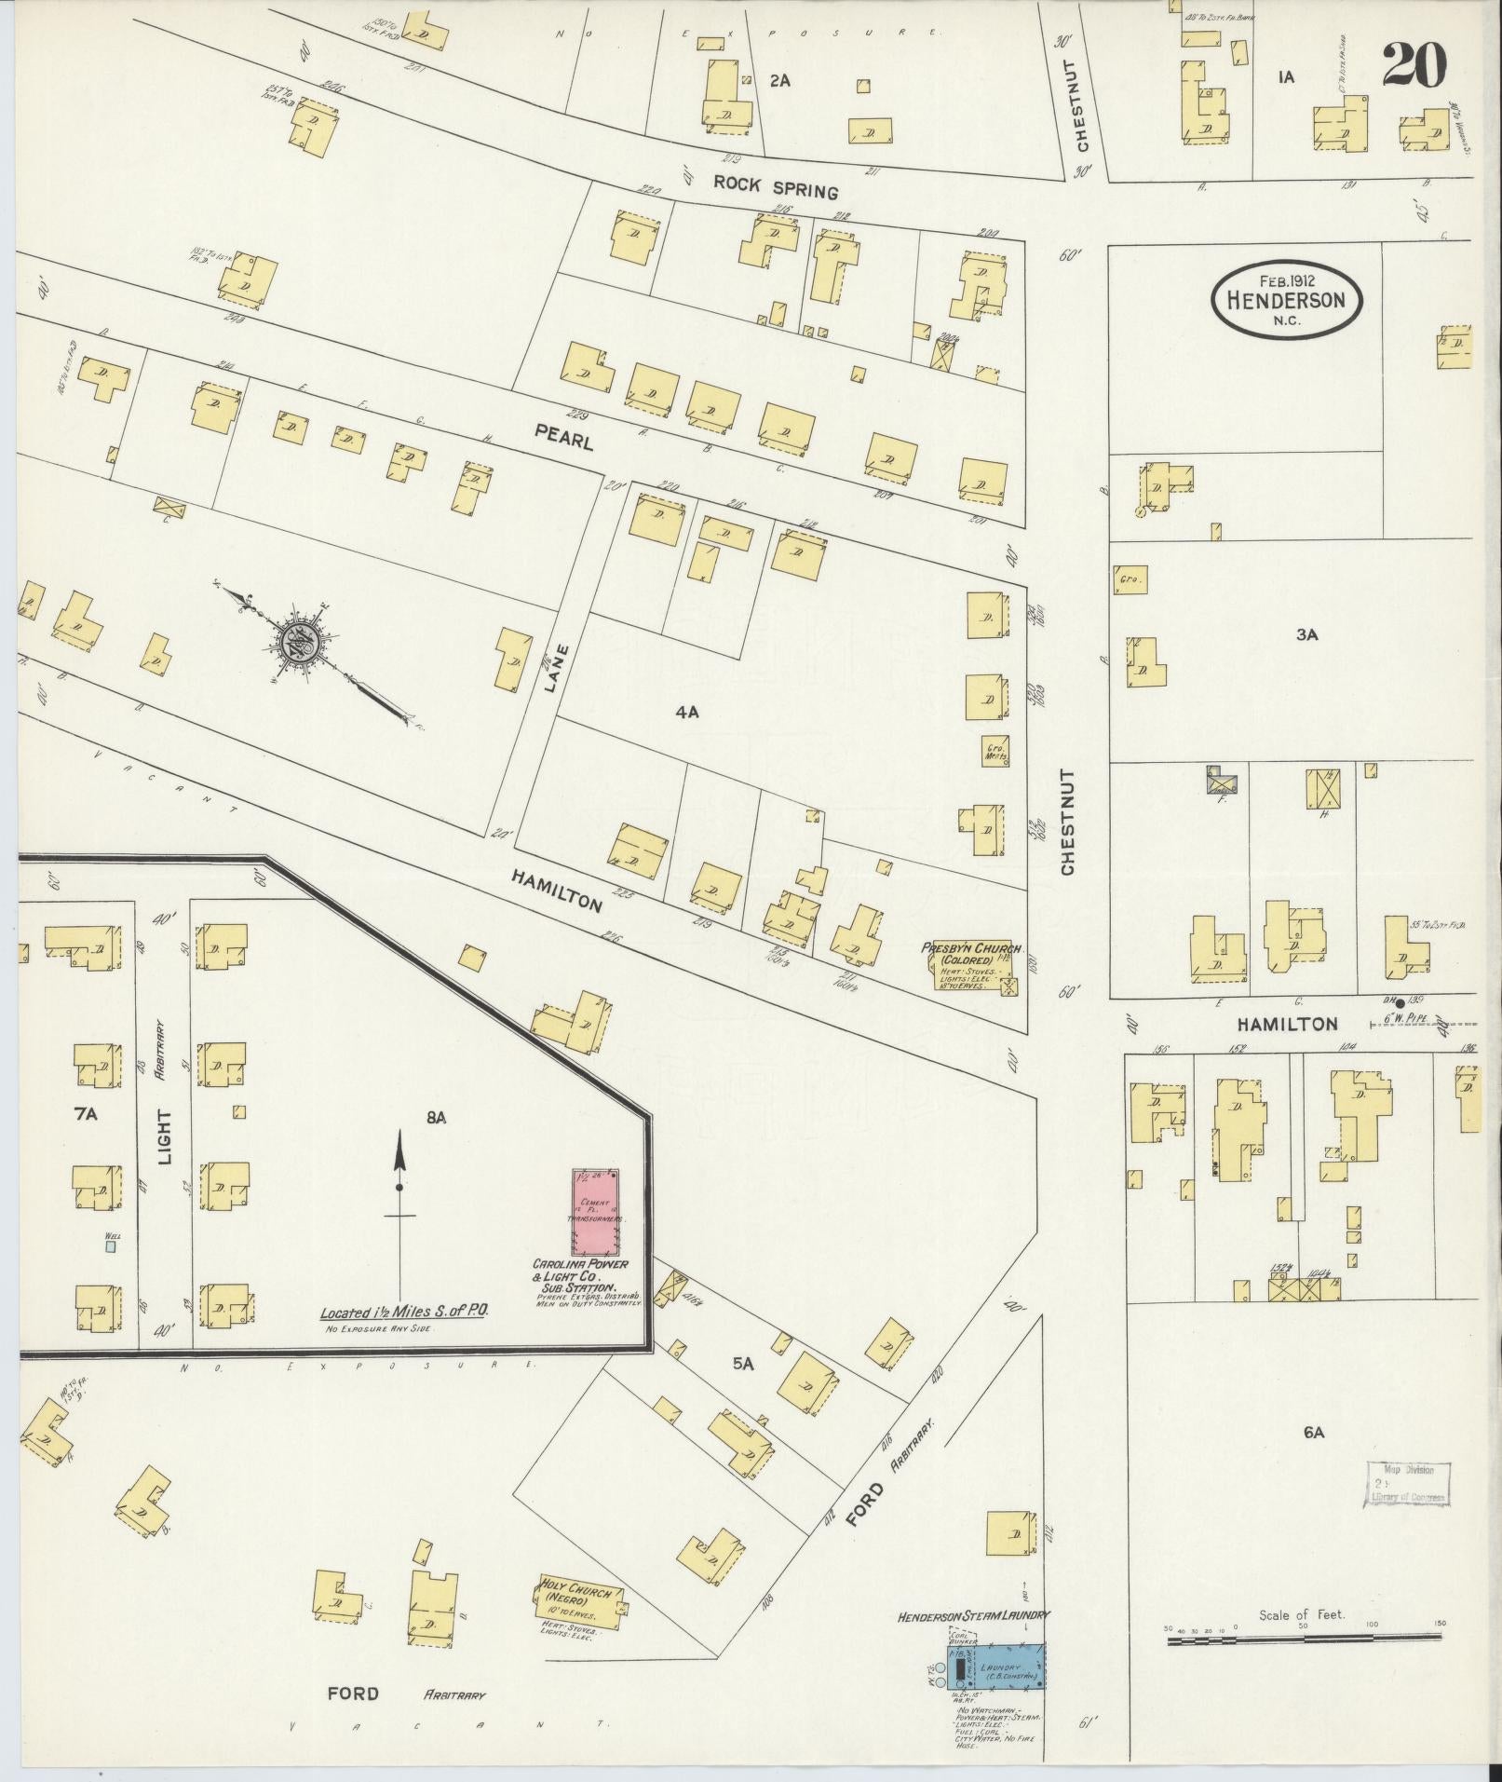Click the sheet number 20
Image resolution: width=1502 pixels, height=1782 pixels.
1414,64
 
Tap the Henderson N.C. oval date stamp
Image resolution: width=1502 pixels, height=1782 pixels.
1286,300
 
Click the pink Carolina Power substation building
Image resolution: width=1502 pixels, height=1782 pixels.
596,1211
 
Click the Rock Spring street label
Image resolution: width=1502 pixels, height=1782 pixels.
776,186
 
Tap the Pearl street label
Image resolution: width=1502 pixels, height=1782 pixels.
563,438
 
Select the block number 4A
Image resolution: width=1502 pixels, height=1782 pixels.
687,713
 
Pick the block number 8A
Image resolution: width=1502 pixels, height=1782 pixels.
437,1117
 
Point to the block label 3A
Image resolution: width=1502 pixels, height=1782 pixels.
1307,634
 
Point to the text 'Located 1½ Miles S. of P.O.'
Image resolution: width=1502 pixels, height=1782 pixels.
405,1312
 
